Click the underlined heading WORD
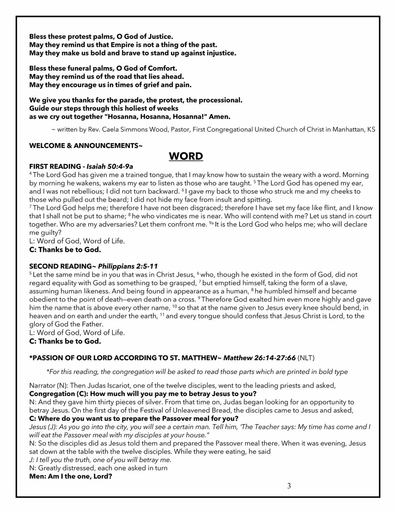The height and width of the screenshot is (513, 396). tap(186, 157)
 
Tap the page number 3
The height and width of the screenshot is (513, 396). tap(289, 486)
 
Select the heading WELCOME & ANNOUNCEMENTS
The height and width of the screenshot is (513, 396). tap(86, 146)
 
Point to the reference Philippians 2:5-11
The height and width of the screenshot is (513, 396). tap(128, 266)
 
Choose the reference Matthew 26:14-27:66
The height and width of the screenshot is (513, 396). tap(259, 358)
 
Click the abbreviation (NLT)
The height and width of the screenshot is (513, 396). tap(306, 358)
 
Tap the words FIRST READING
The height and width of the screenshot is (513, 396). tap(55, 167)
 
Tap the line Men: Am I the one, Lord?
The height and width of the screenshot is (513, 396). tap(70, 476)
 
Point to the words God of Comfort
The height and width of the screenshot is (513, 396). tap(151, 69)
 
